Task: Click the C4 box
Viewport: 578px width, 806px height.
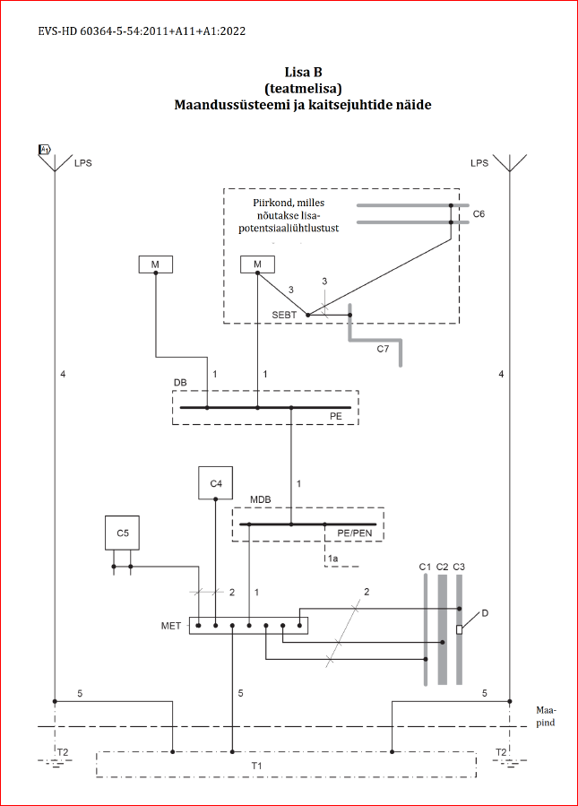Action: click(x=215, y=483)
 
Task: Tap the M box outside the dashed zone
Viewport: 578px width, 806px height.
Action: click(x=156, y=264)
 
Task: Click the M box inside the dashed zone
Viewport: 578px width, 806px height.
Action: click(x=258, y=264)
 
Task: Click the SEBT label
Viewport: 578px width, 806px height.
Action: click(x=285, y=316)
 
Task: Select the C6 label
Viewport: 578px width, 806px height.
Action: click(x=479, y=215)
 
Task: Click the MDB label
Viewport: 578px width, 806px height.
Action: click(x=260, y=499)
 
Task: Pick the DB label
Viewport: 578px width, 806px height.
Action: click(x=180, y=382)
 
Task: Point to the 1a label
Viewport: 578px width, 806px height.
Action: click(x=332, y=559)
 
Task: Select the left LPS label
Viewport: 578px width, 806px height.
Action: click(x=82, y=162)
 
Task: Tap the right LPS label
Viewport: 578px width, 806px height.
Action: click(x=479, y=162)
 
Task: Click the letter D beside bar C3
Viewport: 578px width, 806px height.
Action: click(x=485, y=613)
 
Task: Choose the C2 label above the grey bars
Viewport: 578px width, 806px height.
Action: click(x=442, y=567)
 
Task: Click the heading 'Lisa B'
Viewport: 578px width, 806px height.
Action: click(x=303, y=71)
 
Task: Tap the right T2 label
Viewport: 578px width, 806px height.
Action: click(x=501, y=751)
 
